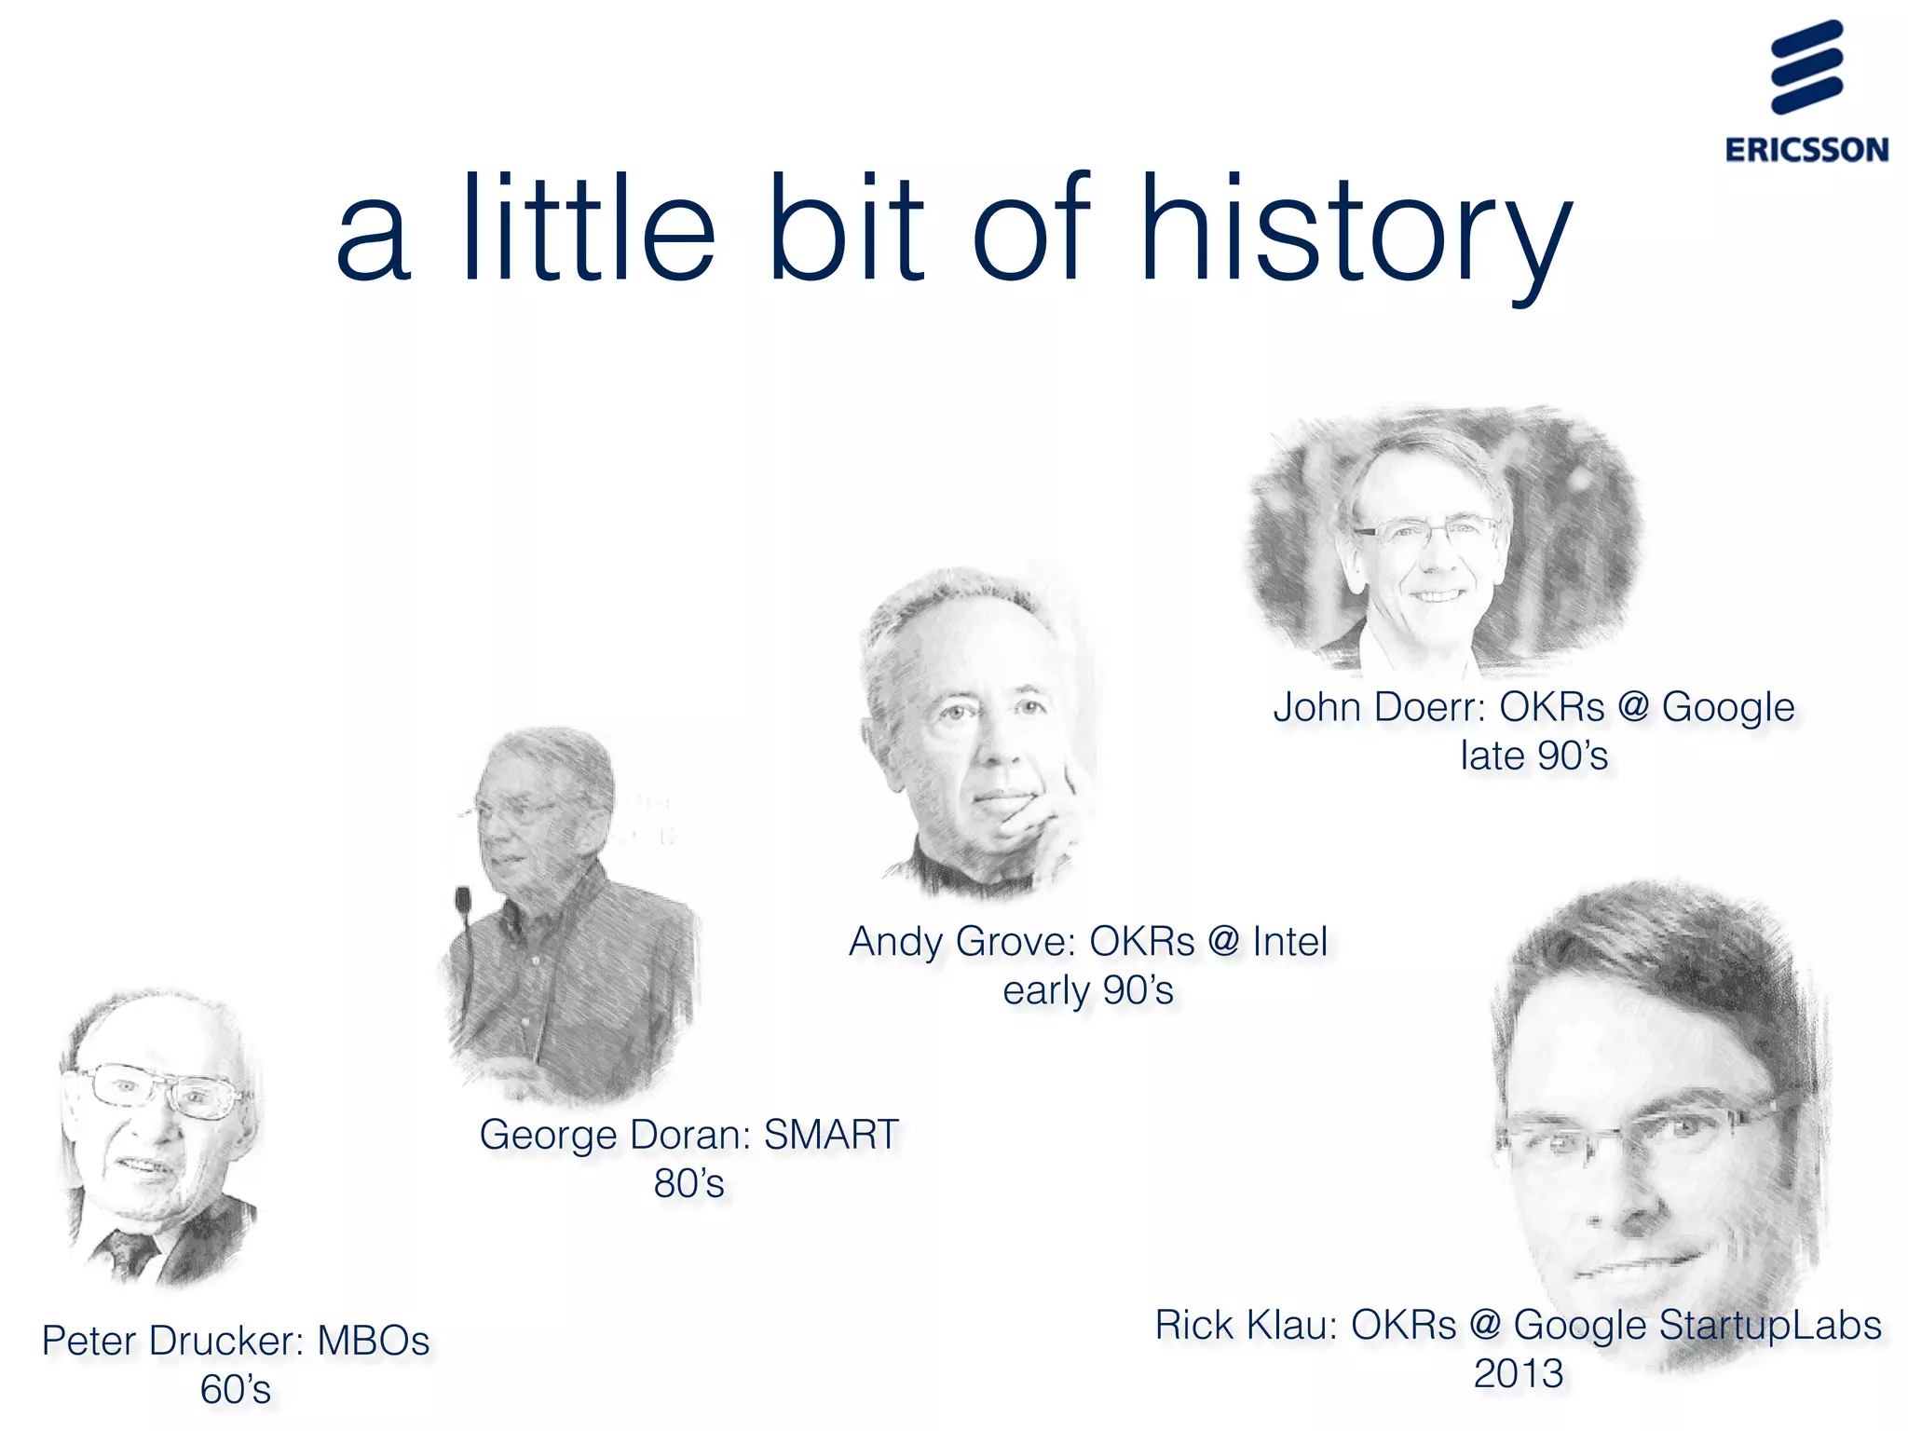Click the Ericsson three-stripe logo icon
pos(1806,67)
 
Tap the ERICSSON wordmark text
pos(1806,150)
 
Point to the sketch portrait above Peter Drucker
pos(158,1137)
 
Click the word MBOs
pos(374,1342)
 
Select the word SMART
pos(831,1135)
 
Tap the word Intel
pos(1289,942)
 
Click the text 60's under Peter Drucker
pos(236,1390)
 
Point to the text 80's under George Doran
pos(688,1184)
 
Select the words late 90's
pos(1533,756)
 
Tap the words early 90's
pos(1087,990)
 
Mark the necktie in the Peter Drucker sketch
pos(126,1253)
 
